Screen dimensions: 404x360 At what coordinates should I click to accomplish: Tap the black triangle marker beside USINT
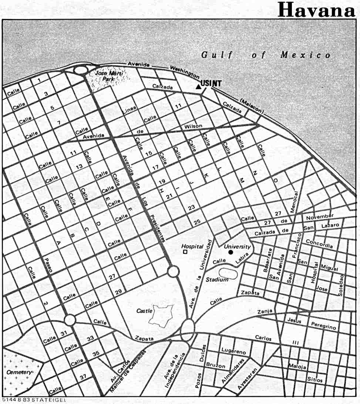(198, 87)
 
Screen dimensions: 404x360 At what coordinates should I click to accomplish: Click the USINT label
(211, 84)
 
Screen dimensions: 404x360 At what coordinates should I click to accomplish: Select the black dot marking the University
(231, 252)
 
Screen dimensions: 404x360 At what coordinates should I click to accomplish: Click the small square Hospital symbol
(185, 252)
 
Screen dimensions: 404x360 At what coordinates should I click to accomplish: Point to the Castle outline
(161, 315)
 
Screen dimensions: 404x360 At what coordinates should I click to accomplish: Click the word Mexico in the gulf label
(305, 55)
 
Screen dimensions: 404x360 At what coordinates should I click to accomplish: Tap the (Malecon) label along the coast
(252, 106)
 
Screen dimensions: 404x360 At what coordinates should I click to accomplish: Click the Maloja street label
(297, 367)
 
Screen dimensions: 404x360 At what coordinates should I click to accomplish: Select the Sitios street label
(314, 380)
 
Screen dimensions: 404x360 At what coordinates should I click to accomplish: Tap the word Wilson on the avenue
(194, 126)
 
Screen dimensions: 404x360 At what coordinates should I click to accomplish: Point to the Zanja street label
(265, 311)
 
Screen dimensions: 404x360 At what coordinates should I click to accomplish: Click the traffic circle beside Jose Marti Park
(80, 70)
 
